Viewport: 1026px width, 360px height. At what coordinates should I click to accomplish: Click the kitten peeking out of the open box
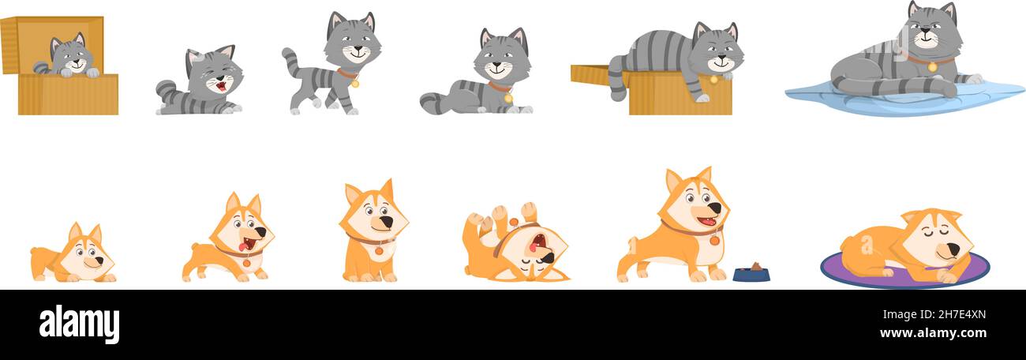coord(71,57)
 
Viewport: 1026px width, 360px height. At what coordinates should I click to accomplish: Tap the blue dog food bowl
coord(751,276)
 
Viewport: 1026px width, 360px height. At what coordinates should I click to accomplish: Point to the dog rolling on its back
coord(513,245)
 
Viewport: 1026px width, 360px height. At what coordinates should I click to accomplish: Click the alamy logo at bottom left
coord(79,324)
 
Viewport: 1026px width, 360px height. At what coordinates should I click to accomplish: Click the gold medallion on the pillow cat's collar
coord(932,67)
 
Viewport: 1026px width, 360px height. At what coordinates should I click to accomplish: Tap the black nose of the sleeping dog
coord(953,249)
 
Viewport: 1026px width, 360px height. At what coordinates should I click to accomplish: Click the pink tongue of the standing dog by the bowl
coord(710,222)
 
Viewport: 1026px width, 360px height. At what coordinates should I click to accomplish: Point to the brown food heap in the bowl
coord(755,267)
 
